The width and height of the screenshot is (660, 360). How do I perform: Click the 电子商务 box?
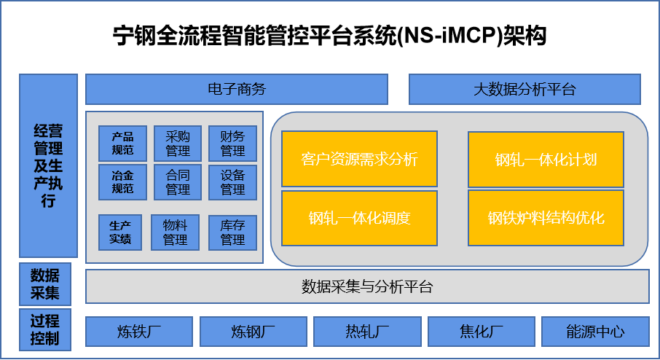(x=237, y=89)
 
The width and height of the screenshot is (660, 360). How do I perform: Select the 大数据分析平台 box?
(x=525, y=89)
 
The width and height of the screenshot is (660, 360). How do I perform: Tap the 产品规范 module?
(x=122, y=143)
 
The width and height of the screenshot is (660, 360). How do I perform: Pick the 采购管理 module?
(x=178, y=143)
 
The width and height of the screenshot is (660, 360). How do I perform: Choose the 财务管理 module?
(x=233, y=143)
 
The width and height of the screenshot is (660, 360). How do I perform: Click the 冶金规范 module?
(x=122, y=182)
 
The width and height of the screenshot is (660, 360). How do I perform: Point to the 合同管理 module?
(x=178, y=182)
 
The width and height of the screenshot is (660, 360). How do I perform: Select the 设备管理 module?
(x=233, y=182)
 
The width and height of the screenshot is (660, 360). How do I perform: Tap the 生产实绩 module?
(x=120, y=232)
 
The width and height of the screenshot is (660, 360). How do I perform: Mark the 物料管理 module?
(x=175, y=232)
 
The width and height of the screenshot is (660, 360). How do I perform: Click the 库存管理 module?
(x=233, y=232)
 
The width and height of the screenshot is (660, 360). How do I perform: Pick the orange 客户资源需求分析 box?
(x=359, y=159)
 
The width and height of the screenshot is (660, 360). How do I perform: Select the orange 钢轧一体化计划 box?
(x=546, y=160)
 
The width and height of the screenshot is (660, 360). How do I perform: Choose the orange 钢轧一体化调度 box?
(x=359, y=218)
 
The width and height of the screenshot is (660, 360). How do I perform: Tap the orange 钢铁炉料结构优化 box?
(x=546, y=218)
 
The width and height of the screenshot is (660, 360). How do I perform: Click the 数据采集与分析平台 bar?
(x=367, y=286)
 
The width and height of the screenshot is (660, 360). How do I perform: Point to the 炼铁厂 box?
(x=139, y=332)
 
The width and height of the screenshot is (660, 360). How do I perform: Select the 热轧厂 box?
(x=367, y=332)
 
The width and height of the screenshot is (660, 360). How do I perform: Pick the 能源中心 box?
(x=595, y=332)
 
